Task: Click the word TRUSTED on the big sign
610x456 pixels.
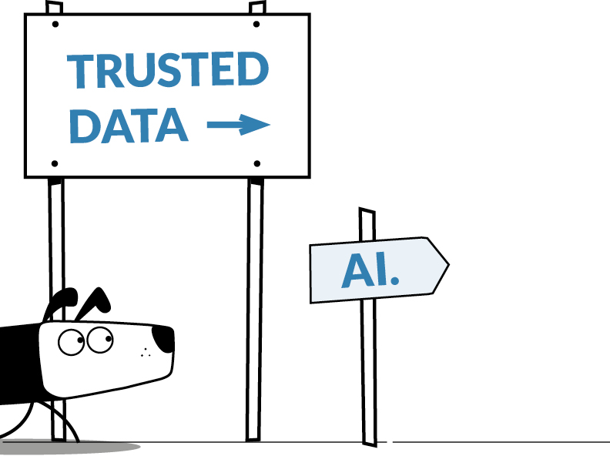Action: (167, 71)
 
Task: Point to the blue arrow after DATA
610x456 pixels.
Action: (239, 124)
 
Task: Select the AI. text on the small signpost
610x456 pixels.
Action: (370, 270)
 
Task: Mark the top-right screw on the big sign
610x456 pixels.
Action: (256, 24)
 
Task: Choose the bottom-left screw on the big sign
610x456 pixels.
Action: (55, 163)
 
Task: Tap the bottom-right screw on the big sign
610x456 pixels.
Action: (256, 163)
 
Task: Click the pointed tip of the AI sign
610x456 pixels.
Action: (447, 265)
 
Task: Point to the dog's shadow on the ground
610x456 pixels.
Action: (69, 446)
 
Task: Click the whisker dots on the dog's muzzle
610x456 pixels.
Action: (144, 354)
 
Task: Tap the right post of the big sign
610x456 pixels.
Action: (255, 308)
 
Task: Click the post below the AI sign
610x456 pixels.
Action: (369, 370)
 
